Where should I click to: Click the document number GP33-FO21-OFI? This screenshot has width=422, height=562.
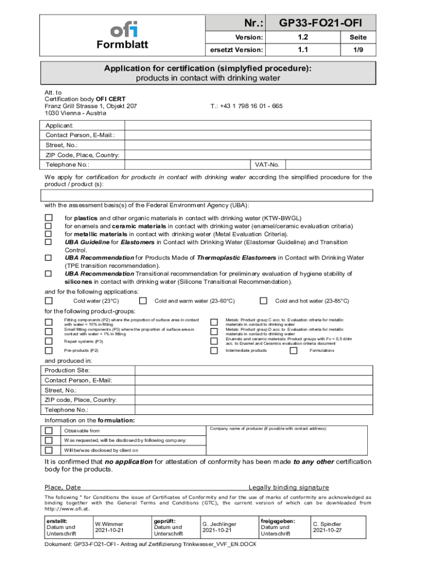point(320,23)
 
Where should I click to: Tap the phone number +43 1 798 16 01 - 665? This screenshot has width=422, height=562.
point(247,106)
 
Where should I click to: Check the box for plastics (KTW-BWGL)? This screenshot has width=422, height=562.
point(48,218)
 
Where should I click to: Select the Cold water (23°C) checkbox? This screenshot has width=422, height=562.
point(49,301)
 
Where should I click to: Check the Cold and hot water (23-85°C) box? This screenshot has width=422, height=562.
point(263,301)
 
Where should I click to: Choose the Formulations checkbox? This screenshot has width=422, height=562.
point(293,350)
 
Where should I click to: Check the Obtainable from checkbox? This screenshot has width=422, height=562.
point(49,431)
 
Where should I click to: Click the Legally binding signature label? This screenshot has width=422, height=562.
point(289,487)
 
